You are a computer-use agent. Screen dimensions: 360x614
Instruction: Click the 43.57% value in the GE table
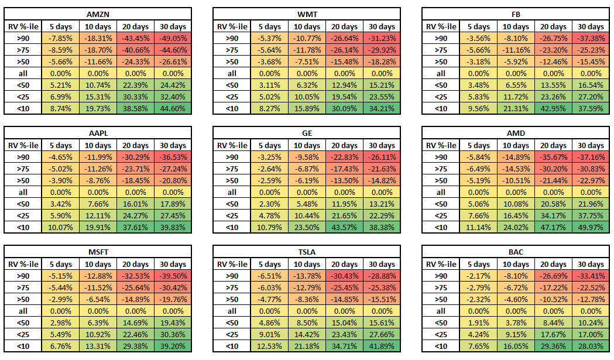[x=344, y=227]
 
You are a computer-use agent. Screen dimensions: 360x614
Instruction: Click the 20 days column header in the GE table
[x=344, y=146]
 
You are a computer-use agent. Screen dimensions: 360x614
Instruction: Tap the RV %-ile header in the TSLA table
[x=232, y=265]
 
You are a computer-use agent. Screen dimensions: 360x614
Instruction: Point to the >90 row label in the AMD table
[x=441, y=157]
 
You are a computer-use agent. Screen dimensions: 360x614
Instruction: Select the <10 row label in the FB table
[x=441, y=108]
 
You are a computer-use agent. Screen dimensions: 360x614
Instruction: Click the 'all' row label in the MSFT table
[x=23, y=311]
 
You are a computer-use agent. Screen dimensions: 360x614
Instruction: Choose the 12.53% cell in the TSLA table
[x=270, y=346]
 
